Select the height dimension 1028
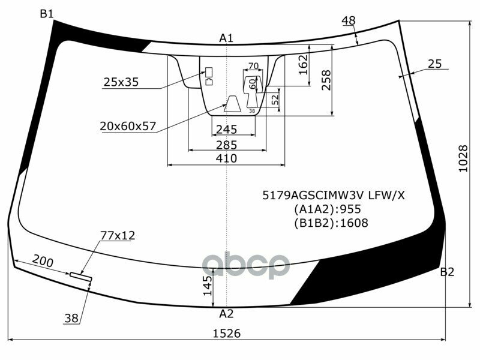(463, 160)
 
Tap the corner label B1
(47, 14)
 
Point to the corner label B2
(447, 272)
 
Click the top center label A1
(226, 38)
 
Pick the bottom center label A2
(226, 313)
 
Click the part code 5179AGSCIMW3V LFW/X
(334, 195)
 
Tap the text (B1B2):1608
(331, 223)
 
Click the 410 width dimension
(226, 158)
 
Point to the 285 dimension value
(226, 145)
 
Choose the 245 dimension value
(226, 130)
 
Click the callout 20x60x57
(128, 126)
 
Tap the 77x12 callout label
(117, 235)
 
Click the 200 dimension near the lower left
(42, 262)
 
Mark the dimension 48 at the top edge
(348, 21)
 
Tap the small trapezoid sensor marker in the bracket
(232, 105)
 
